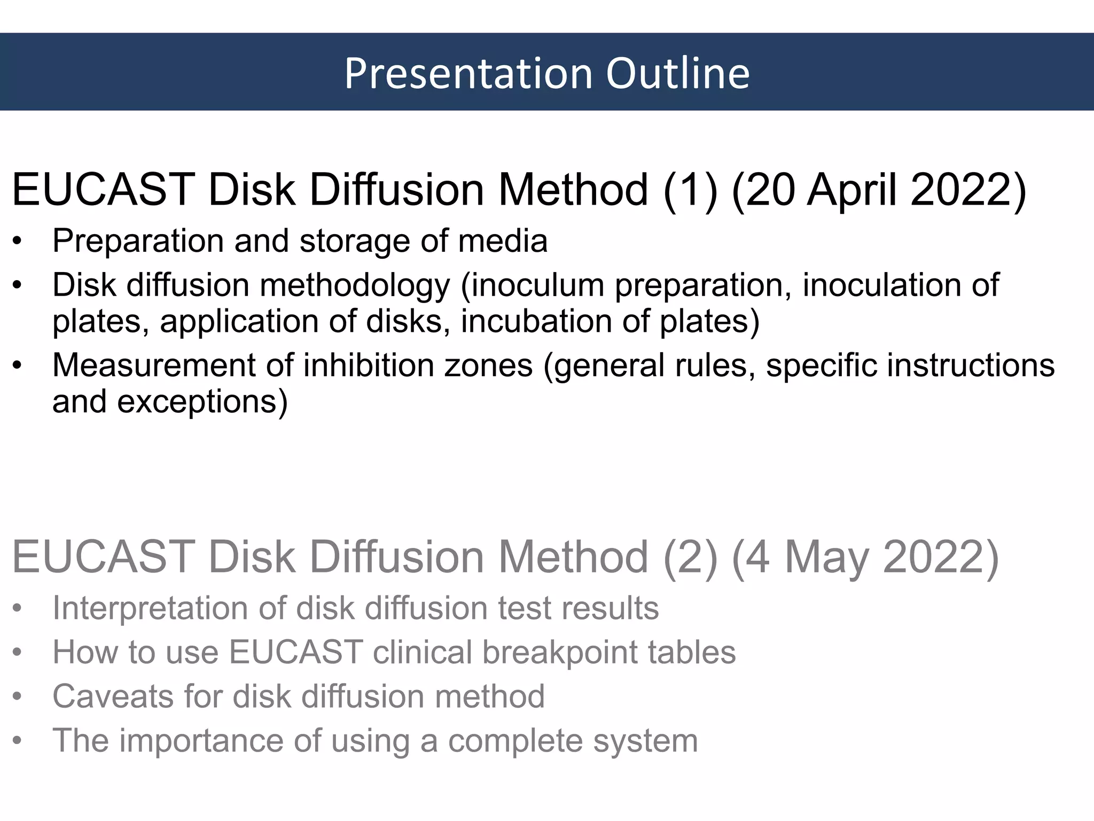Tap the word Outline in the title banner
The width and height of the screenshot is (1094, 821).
point(678,73)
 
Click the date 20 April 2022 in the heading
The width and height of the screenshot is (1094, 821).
point(879,190)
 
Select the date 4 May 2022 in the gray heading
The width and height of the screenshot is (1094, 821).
point(865,557)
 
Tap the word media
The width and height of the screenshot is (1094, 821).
point(502,241)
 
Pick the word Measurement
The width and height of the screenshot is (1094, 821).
point(154,366)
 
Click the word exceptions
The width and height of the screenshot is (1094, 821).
point(202,402)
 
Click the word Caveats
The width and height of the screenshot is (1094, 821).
point(113,696)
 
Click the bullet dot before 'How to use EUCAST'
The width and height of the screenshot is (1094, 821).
point(18,653)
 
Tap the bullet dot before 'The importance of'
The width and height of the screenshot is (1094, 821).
point(18,741)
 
